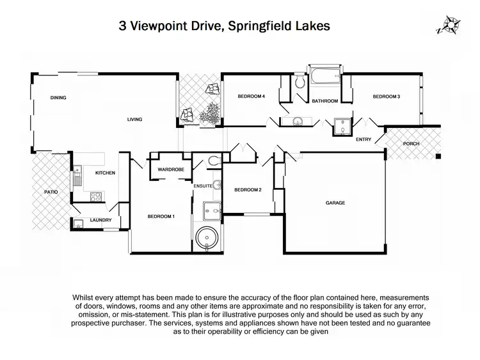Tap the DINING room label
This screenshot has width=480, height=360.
[59, 98]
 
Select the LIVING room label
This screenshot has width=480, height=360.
[134, 119]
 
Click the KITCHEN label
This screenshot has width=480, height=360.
[105, 173]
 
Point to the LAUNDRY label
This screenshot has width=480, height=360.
[101, 221]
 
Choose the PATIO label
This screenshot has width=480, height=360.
[44, 190]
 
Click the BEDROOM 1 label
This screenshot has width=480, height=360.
[161, 216]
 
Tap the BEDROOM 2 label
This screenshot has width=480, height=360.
[247, 190]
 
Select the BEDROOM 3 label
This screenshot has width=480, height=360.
[387, 97]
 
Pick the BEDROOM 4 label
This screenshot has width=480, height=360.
[252, 97]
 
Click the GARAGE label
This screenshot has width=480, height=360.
[335, 203]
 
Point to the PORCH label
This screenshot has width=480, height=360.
[411, 144]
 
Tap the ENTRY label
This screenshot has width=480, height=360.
[364, 140]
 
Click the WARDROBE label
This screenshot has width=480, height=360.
[171, 169]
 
